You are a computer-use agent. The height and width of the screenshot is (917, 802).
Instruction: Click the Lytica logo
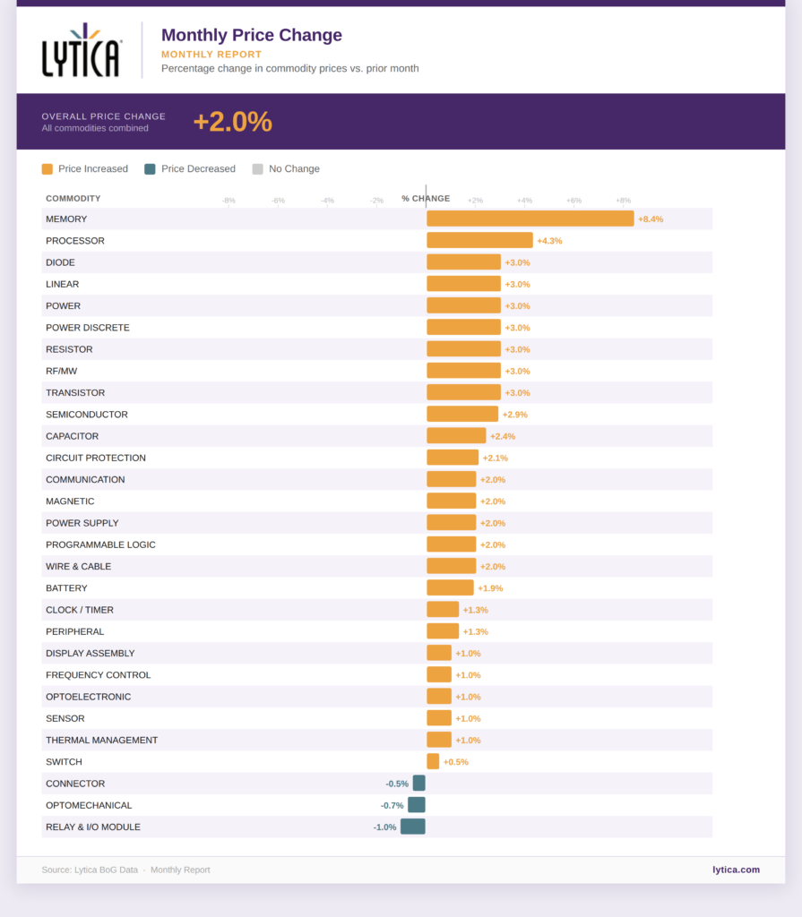pyautogui.click(x=81, y=50)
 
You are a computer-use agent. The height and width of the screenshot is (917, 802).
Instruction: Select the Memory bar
pyautogui.click(x=530, y=219)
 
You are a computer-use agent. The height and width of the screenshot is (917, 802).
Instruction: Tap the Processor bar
pyautogui.click(x=479, y=240)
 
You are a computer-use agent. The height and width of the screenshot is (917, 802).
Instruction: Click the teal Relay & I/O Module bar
pyautogui.click(x=413, y=827)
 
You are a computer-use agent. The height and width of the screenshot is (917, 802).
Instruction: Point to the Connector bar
pyautogui.click(x=419, y=784)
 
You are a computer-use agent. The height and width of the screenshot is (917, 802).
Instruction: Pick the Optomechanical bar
pyautogui.click(x=417, y=805)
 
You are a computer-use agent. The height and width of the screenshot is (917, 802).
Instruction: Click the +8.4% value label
pyautogui.click(x=651, y=219)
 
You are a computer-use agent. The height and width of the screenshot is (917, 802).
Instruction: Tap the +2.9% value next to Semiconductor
pyautogui.click(x=515, y=415)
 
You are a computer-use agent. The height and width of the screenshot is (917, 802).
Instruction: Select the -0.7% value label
pyautogui.click(x=392, y=806)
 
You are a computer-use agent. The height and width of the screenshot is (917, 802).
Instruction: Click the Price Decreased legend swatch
pyautogui.click(x=150, y=168)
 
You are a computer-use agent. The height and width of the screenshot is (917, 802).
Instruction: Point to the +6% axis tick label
pyautogui.click(x=573, y=201)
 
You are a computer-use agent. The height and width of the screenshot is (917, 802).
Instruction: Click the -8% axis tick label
pyautogui.click(x=229, y=201)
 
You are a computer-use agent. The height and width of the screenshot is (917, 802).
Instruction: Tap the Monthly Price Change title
pyautogui.click(x=251, y=36)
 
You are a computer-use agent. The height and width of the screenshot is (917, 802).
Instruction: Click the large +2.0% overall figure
pyautogui.click(x=232, y=122)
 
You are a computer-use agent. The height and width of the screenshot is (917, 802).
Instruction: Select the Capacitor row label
pyautogui.click(x=73, y=436)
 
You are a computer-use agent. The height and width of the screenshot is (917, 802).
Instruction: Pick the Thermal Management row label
pyautogui.click(x=101, y=740)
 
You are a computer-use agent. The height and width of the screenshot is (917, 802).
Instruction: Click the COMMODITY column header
pyautogui.click(x=73, y=198)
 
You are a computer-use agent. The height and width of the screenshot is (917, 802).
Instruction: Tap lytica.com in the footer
pyautogui.click(x=736, y=870)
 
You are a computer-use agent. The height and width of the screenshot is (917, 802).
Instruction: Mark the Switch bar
pyautogui.click(x=433, y=761)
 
